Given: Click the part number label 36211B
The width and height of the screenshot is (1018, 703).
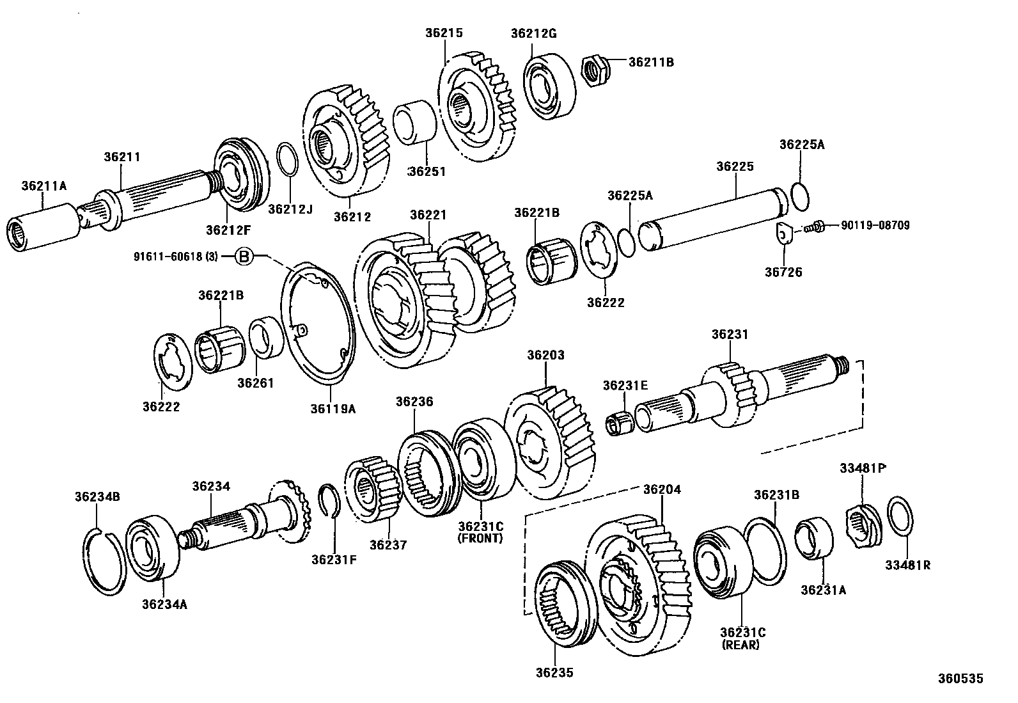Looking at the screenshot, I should click(x=651, y=62).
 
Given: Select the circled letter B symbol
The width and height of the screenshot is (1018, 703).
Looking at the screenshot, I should click(x=244, y=257).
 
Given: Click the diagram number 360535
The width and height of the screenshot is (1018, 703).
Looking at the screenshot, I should click(x=960, y=679).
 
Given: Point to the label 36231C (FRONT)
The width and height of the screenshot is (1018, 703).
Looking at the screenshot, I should click(x=481, y=532).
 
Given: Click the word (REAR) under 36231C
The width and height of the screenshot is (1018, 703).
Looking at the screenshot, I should click(x=740, y=645).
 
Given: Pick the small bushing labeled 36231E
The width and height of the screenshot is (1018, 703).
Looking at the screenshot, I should click(x=619, y=423).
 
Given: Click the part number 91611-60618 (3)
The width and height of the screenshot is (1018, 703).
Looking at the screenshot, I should click(x=176, y=257).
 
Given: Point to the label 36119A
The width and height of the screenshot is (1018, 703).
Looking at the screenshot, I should click(x=333, y=407).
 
